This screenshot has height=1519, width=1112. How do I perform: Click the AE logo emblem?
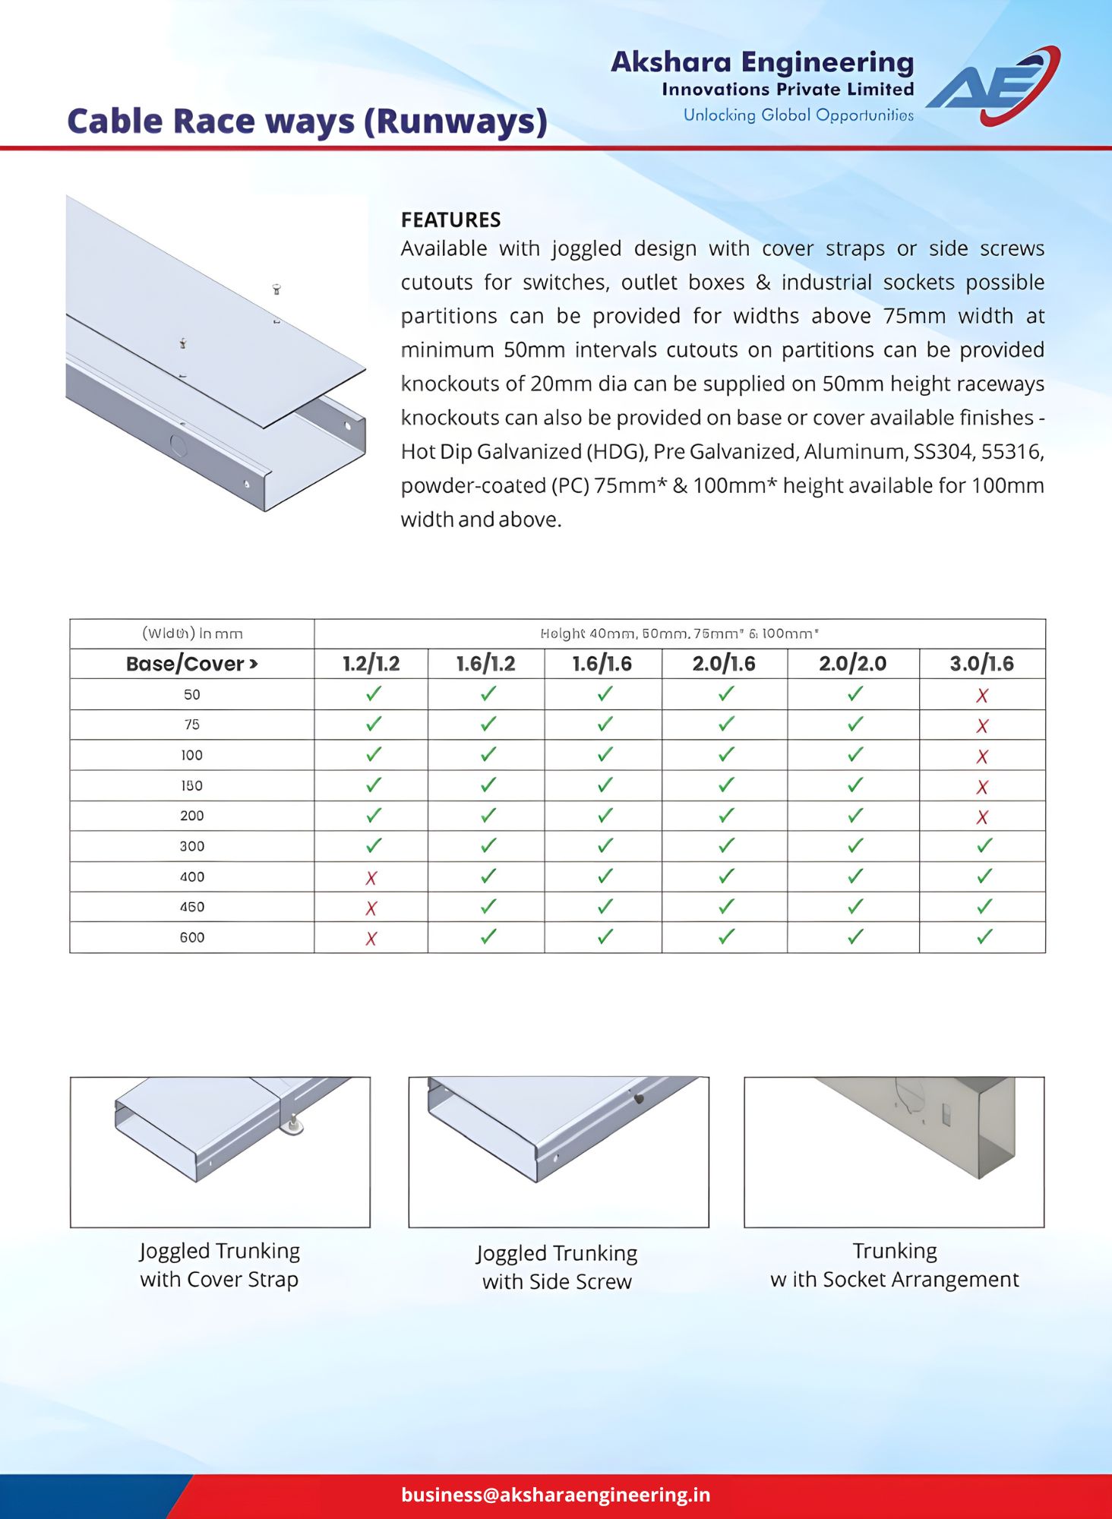coord(994,85)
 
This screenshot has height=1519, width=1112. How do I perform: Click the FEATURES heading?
coord(450,219)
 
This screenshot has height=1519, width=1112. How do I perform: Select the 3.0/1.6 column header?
coord(981,664)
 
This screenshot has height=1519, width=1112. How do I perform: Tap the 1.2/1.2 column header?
coord(371,664)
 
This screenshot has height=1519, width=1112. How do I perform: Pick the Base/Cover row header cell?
coord(191,664)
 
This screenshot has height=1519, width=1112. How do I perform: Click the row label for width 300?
coord(191,846)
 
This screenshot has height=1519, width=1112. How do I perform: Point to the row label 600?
coord(191,937)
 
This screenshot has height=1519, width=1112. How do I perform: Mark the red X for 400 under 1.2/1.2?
coord(371,878)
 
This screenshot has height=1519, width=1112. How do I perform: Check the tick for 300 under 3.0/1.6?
coord(984,845)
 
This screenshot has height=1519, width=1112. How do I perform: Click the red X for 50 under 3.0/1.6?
coord(982,695)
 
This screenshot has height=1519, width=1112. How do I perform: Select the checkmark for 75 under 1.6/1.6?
coord(605,724)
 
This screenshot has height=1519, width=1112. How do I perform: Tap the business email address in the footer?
coord(555,1494)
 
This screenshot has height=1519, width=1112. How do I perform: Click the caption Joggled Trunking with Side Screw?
coord(557,1267)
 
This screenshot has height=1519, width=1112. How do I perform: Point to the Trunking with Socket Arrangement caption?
coord(894,1265)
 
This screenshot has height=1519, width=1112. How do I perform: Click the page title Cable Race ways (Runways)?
coord(307,122)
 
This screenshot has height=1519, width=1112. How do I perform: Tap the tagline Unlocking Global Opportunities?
coord(798,115)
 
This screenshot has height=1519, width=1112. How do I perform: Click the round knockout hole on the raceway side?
coord(178,445)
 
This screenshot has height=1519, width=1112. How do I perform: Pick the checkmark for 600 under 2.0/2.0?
coord(855,936)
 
